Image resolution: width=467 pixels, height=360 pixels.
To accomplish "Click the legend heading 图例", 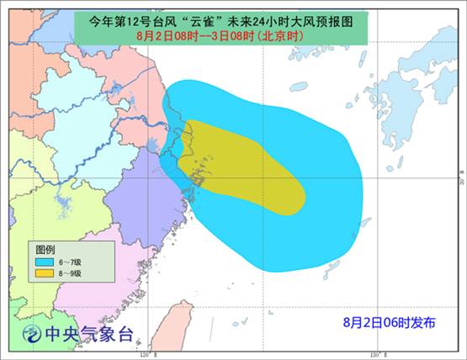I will pyautogui.click(x=45, y=250).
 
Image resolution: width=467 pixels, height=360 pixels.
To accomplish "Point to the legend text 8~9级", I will pyautogui.click(x=69, y=273).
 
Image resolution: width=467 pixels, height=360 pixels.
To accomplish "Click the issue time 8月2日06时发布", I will pyautogui.click(x=389, y=322).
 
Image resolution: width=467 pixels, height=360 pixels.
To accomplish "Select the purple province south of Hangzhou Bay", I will pyautogui.click(x=139, y=198).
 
